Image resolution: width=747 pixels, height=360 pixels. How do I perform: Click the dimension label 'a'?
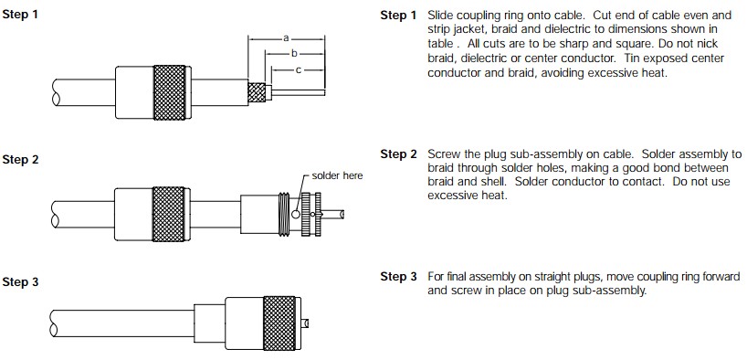coord(286,37)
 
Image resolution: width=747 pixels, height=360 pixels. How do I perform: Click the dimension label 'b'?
coord(294,53)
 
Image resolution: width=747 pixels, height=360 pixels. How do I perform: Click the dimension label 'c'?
coord(299,70)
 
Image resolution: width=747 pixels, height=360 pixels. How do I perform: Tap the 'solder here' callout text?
coord(337,175)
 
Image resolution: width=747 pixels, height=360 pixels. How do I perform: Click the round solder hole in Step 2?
coord(296,214)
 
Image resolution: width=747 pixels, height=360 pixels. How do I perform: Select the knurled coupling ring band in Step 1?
coord(169,92)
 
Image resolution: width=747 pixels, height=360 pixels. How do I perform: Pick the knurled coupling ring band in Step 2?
coord(168,214)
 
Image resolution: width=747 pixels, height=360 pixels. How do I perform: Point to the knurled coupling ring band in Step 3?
coord(279,323)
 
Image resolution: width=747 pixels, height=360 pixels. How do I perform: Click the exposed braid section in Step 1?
coord(257,92)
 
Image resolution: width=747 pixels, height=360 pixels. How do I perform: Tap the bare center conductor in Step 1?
coord(299,92)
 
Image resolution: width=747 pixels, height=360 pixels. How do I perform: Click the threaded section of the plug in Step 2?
coord(284,214)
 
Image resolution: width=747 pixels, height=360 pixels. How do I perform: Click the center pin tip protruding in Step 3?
coord(305,323)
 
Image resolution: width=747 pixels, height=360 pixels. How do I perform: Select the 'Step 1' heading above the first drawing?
coord(19,15)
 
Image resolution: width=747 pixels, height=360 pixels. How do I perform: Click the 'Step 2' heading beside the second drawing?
coord(19,159)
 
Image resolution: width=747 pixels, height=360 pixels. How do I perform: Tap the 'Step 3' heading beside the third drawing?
coord(19,281)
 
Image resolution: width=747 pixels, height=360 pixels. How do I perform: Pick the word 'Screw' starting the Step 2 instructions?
coord(443,154)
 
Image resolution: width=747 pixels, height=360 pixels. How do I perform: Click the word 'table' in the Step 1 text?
coord(440,44)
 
